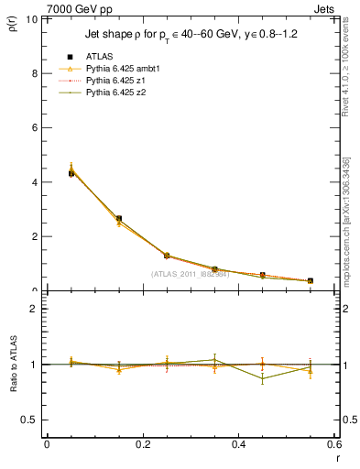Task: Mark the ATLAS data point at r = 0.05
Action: click(71, 173)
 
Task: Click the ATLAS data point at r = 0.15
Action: click(119, 219)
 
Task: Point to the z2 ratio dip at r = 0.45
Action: click(263, 379)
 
